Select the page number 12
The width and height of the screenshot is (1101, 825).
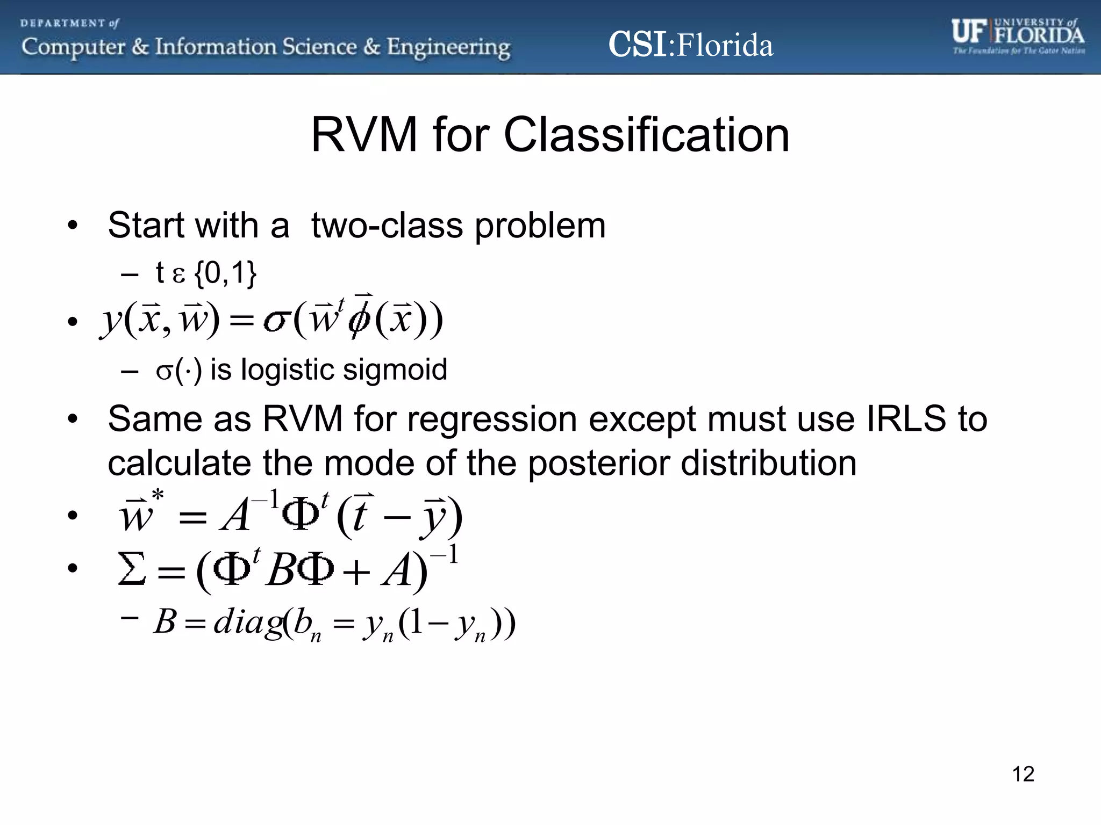(x=1023, y=774)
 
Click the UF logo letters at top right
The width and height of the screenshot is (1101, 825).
(x=969, y=32)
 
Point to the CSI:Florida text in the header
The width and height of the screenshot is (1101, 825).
(x=690, y=45)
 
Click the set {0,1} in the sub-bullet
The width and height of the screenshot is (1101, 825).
(x=225, y=273)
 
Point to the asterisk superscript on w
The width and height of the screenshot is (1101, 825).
(x=158, y=495)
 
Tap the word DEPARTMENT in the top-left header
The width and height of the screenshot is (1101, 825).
(x=63, y=23)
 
